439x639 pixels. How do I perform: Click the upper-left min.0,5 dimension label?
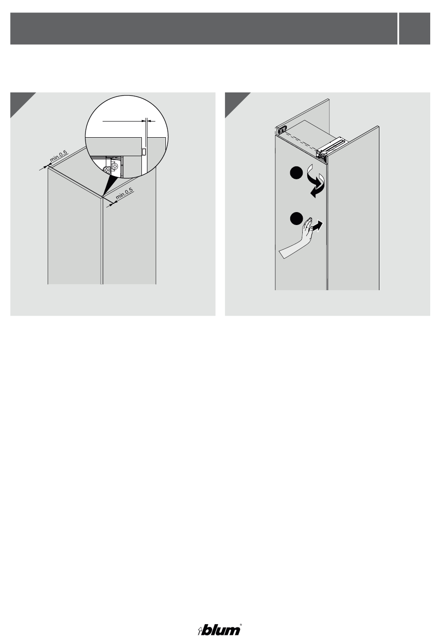[x=59, y=156]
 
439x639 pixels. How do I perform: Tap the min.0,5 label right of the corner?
[x=124, y=194]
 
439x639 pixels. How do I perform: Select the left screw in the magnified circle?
[x=107, y=170]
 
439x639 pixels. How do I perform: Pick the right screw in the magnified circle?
[x=115, y=166]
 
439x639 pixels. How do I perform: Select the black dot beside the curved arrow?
[x=296, y=173]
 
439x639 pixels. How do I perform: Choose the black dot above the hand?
[x=296, y=218]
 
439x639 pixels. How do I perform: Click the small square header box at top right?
[x=415, y=28]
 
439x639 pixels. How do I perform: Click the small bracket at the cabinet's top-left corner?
[x=281, y=130]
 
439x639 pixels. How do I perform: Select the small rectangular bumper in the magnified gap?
[x=143, y=152]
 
